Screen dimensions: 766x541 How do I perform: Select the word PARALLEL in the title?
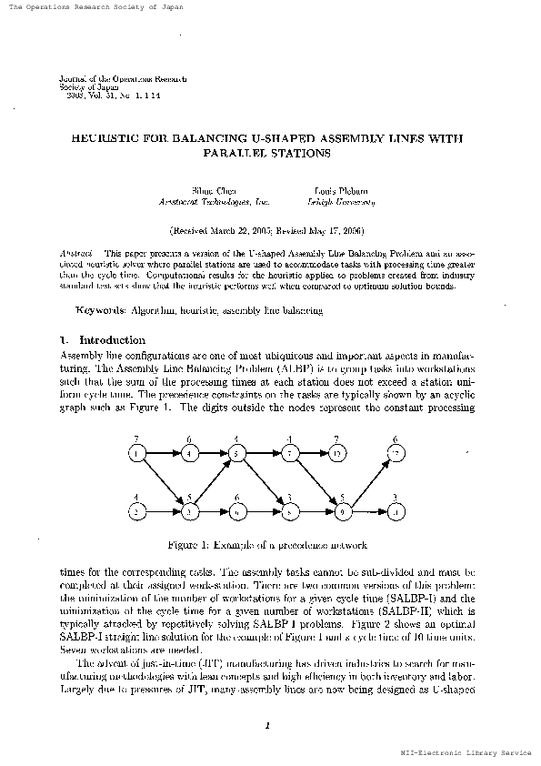237,154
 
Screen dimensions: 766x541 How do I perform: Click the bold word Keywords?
105,310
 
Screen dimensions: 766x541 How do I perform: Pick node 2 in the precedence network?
136,512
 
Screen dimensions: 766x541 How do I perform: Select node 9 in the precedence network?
343,512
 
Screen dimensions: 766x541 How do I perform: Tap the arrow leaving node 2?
162,512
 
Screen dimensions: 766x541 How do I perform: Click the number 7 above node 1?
135,438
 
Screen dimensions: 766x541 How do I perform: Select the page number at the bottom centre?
270,724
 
